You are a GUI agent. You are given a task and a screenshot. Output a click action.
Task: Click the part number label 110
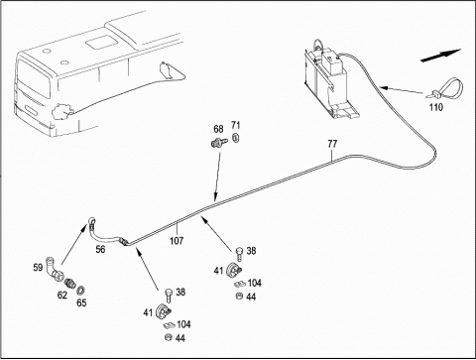[436, 107]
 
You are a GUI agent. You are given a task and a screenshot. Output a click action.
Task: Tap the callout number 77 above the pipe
[332, 144]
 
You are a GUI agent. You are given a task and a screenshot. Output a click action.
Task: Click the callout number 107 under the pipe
[177, 241]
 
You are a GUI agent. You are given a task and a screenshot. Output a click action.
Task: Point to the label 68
[218, 129]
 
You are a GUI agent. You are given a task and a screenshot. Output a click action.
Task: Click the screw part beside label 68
[219, 143]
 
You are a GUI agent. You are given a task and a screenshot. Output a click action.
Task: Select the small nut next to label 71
[236, 137]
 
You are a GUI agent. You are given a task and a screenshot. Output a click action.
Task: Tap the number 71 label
[236, 125]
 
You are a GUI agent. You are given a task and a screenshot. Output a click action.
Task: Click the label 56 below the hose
[100, 249]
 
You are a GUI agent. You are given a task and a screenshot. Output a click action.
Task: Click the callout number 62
[62, 295]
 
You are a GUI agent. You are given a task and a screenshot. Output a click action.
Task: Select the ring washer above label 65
[80, 291]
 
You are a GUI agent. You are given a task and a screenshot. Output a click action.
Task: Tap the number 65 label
[81, 302]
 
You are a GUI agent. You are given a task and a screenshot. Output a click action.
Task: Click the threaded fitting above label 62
[70, 284]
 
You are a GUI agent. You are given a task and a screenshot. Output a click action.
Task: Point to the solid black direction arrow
[440, 56]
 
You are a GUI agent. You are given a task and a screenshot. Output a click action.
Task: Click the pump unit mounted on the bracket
[330, 82]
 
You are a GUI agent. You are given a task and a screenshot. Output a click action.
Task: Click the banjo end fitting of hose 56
[91, 221]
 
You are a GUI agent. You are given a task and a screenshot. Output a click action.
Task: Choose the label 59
[38, 267]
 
